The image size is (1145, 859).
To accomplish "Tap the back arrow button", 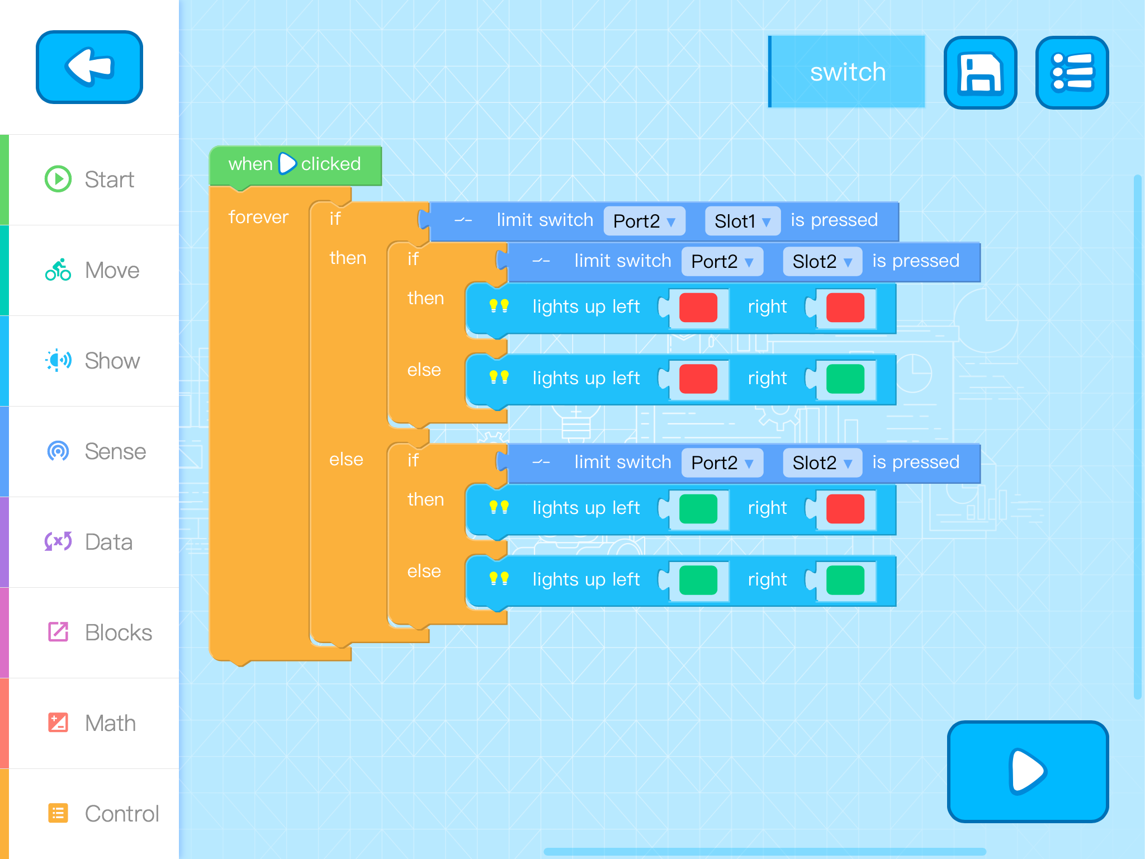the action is tap(89, 67).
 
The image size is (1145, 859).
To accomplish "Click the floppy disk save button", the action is tap(980, 73).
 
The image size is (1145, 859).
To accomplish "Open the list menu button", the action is tap(1072, 73).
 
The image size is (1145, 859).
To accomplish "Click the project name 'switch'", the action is tap(847, 72).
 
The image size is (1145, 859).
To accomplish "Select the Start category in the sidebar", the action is tap(89, 180).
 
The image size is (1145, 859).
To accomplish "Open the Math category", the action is tap(89, 723).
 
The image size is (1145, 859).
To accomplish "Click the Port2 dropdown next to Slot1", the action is tap(644, 221).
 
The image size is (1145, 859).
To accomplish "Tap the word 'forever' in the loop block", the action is tap(258, 217).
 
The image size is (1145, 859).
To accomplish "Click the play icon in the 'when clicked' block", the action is tap(287, 164).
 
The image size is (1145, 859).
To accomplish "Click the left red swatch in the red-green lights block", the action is tap(698, 379).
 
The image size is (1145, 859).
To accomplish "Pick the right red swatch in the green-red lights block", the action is tap(845, 509).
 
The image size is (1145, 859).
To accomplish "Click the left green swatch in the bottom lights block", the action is tap(698, 580).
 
